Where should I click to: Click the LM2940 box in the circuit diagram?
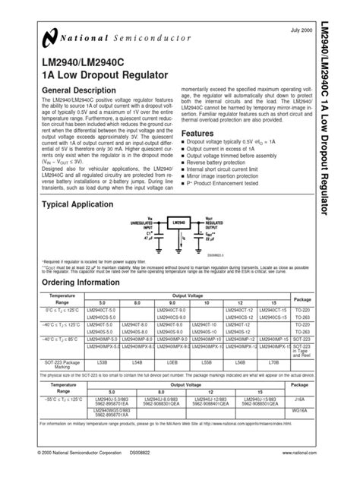tap(180, 223)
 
